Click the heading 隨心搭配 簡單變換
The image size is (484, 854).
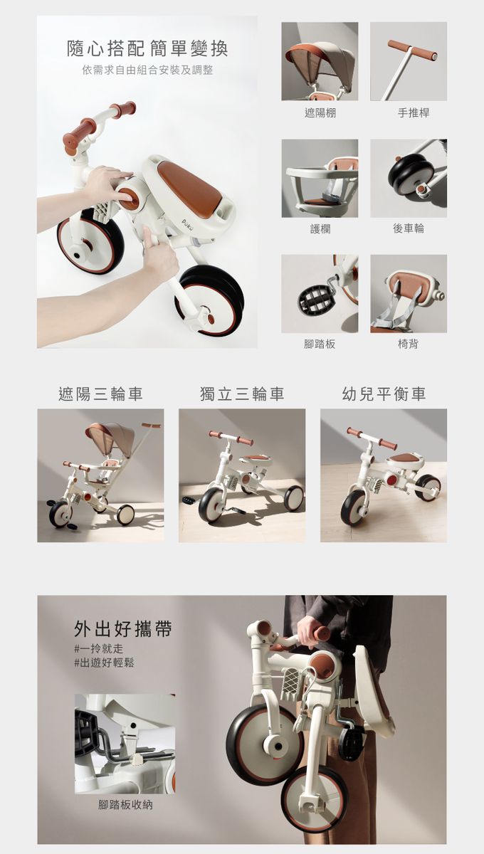[x=147, y=48]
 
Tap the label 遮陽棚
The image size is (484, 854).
[x=320, y=113]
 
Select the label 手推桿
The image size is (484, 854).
[x=414, y=113]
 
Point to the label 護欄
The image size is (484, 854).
[x=320, y=228]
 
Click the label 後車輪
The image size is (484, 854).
[x=409, y=228]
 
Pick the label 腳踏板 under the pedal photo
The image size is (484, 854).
[x=320, y=344]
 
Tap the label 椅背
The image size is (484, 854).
[x=408, y=344]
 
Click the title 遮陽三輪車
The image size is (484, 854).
[x=100, y=394]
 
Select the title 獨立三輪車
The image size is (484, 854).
[x=242, y=394]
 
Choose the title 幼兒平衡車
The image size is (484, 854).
[x=384, y=394]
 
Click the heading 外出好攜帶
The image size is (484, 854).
[x=123, y=628]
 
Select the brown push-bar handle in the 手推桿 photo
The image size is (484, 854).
[x=412, y=51]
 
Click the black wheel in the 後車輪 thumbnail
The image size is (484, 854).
[x=405, y=174]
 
